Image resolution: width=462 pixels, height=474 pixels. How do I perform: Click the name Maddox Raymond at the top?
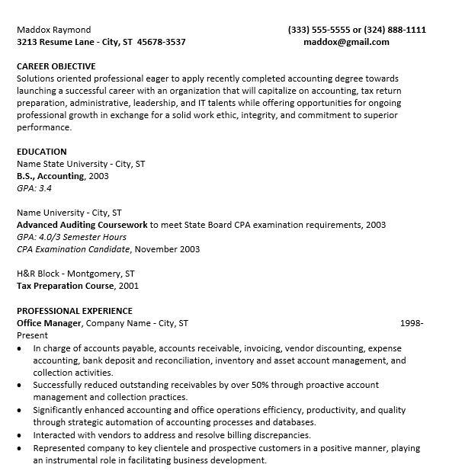click(53, 30)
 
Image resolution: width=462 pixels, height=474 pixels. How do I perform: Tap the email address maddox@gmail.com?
click(346, 42)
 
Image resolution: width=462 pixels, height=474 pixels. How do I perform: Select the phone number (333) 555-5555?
click(318, 30)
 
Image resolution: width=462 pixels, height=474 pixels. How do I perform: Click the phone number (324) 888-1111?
click(395, 30)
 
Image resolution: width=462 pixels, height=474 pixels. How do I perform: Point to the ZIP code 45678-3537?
click(162, 42)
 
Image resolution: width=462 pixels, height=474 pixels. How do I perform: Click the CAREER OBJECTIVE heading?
click(56, 66)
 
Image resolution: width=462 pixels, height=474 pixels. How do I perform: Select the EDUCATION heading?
click(42, 152)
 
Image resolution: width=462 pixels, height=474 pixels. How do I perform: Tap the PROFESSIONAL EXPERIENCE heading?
click(75, 311)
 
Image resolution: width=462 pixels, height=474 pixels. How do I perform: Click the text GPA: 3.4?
click(34, 188)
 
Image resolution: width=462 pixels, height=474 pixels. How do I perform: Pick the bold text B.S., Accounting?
click(50, 176)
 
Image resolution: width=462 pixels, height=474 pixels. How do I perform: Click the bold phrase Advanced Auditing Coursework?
click(82, 225)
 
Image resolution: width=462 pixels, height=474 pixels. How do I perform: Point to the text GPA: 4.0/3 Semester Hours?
click(72, 237)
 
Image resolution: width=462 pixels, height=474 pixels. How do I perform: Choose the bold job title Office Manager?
click(49, 323)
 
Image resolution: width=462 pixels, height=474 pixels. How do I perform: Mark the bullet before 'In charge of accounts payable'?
click(20, 348)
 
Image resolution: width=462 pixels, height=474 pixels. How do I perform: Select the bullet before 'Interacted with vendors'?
click(20, 435)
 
